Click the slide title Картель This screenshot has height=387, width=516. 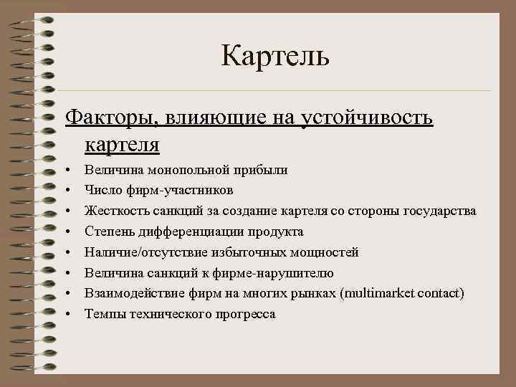coord(274,57)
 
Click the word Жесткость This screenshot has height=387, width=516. coord(114,211)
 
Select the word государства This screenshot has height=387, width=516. coord(436,211)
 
